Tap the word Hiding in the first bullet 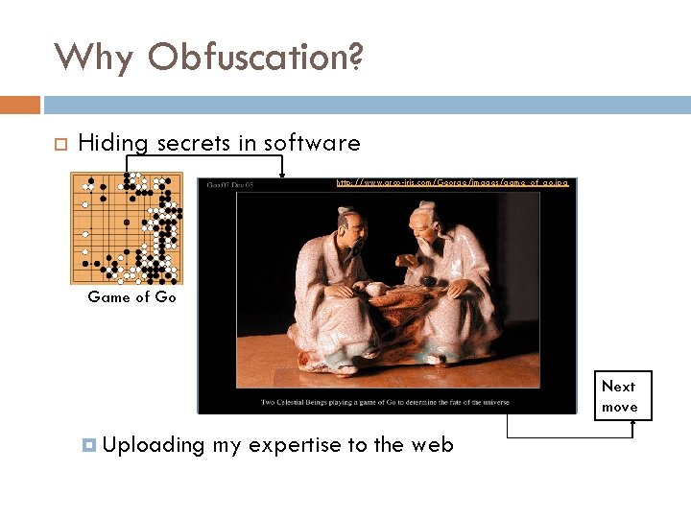(112, 144)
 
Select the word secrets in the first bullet (193, 144)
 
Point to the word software (312, 144)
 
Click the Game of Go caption (131, 297)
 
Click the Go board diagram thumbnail (127, 228)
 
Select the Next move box (622, 396)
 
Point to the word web (432, 445)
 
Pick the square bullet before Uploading (89, 445)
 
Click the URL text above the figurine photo (452, 182)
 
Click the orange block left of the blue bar (20, 105)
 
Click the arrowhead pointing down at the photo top (282, 174)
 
